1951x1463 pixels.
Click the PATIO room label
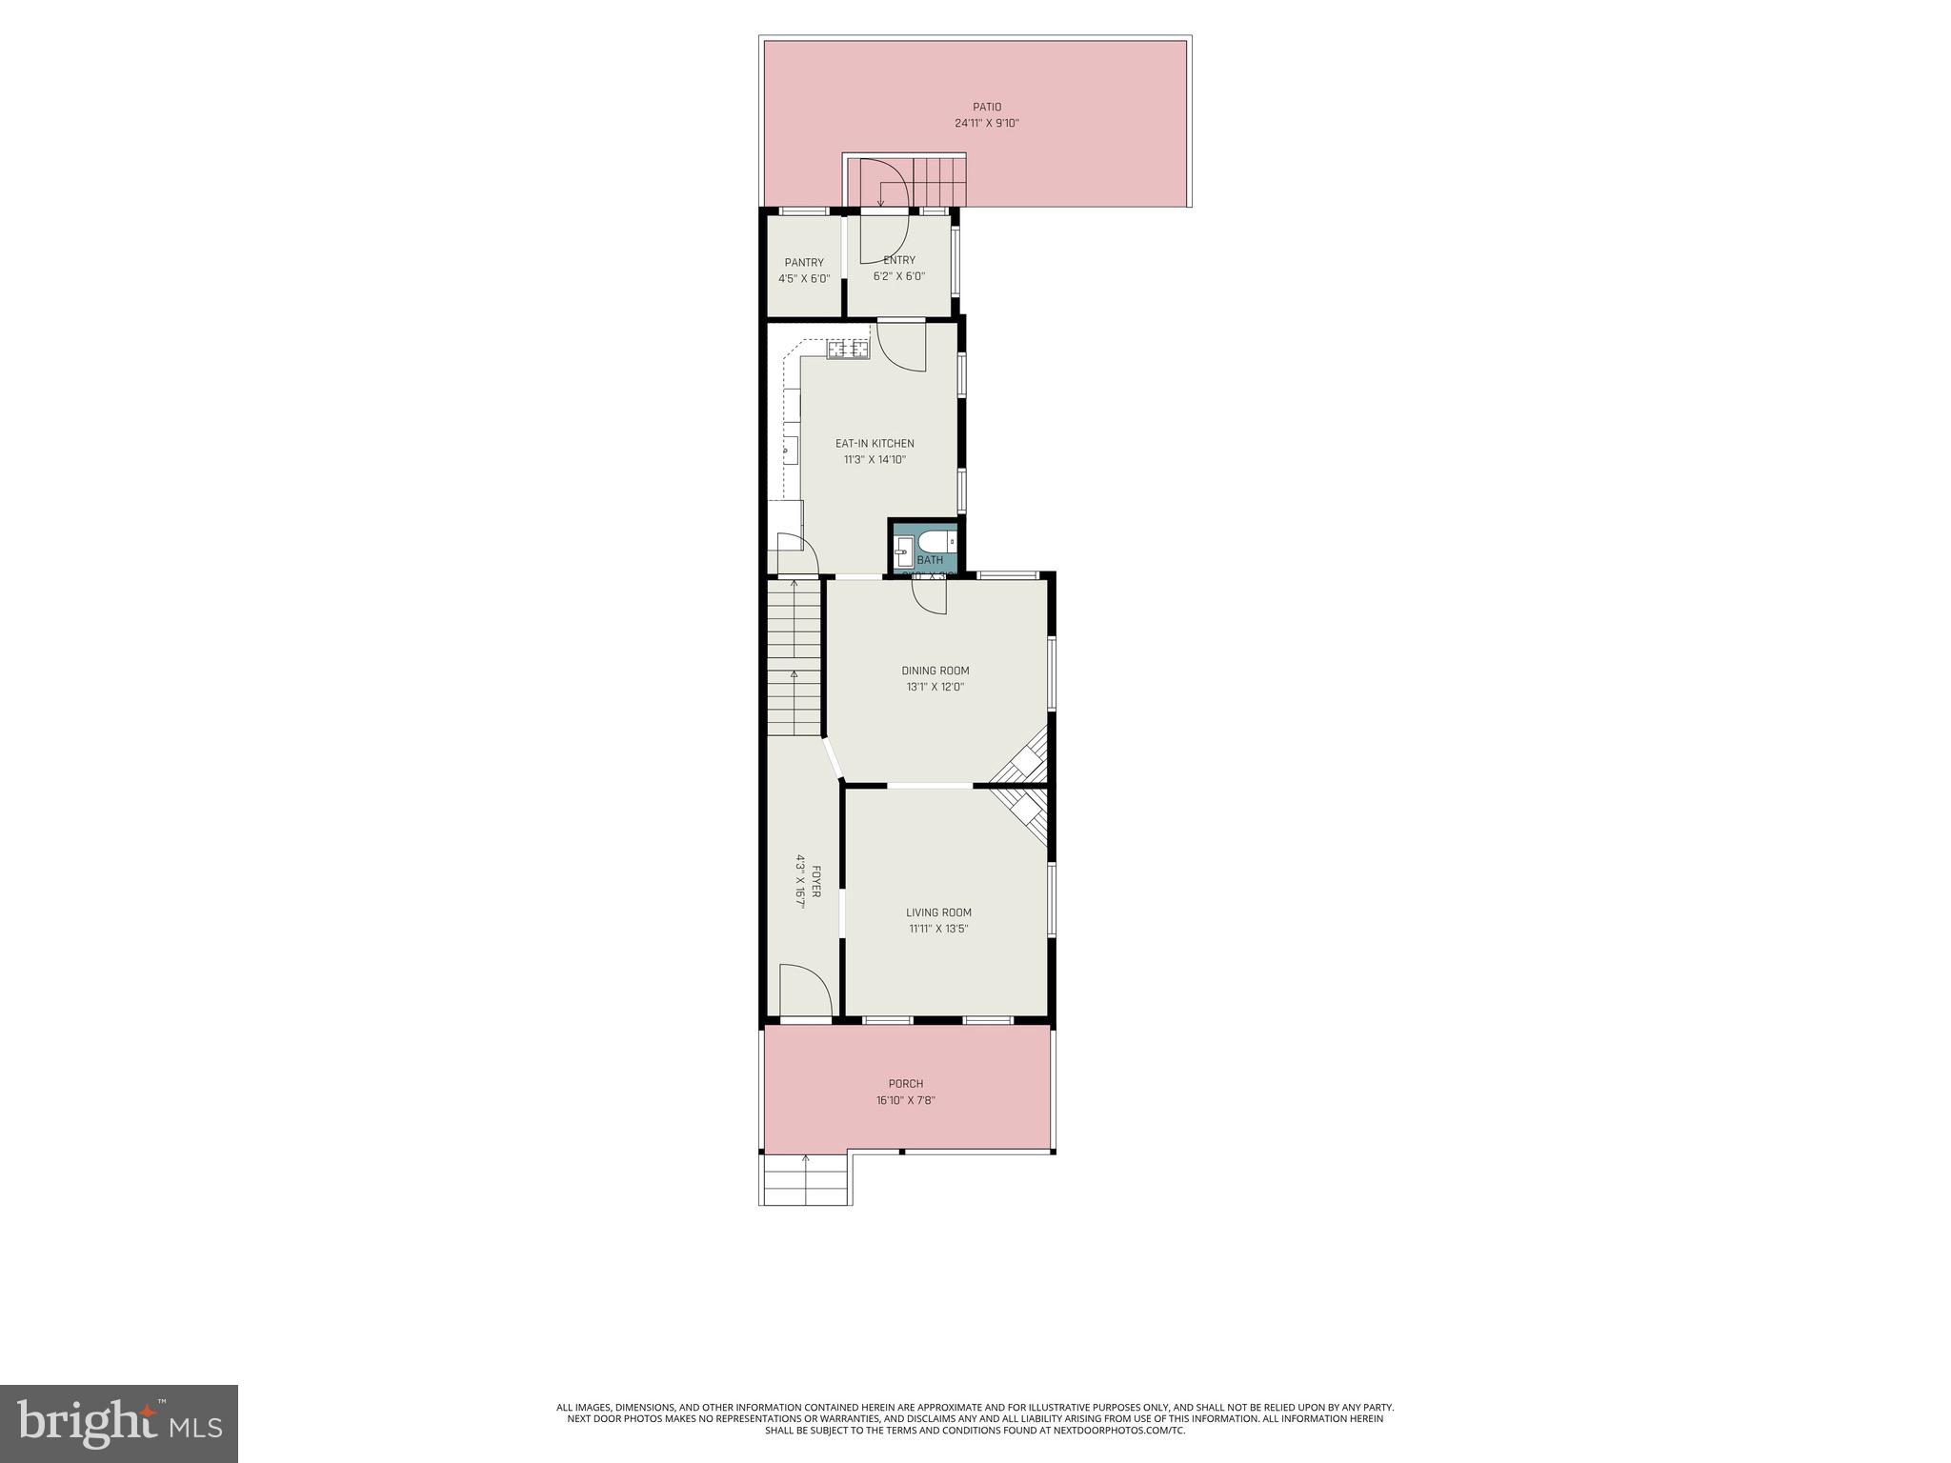tap(986, 107)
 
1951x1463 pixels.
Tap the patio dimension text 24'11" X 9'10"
tap(986, 124)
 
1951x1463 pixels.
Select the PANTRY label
tap(804, 263)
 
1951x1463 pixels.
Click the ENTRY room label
tap(899, 260)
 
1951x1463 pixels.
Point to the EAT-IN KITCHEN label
tap(875, 443)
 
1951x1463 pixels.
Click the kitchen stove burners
tap(848, 350)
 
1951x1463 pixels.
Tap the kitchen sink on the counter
tap(791, 448)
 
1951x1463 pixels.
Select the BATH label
tap(930, 560)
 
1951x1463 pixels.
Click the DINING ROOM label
tap(935, 671)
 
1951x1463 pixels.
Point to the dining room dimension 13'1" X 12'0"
tap(935, 687)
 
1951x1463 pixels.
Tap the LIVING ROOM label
tap(938, 912)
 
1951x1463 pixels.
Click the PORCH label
tap(905, 1084)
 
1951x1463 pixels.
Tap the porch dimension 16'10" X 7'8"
tap(905, 1100)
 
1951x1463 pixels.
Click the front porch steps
tap(806, 1182)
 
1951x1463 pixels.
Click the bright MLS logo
tap(119, 1424)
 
